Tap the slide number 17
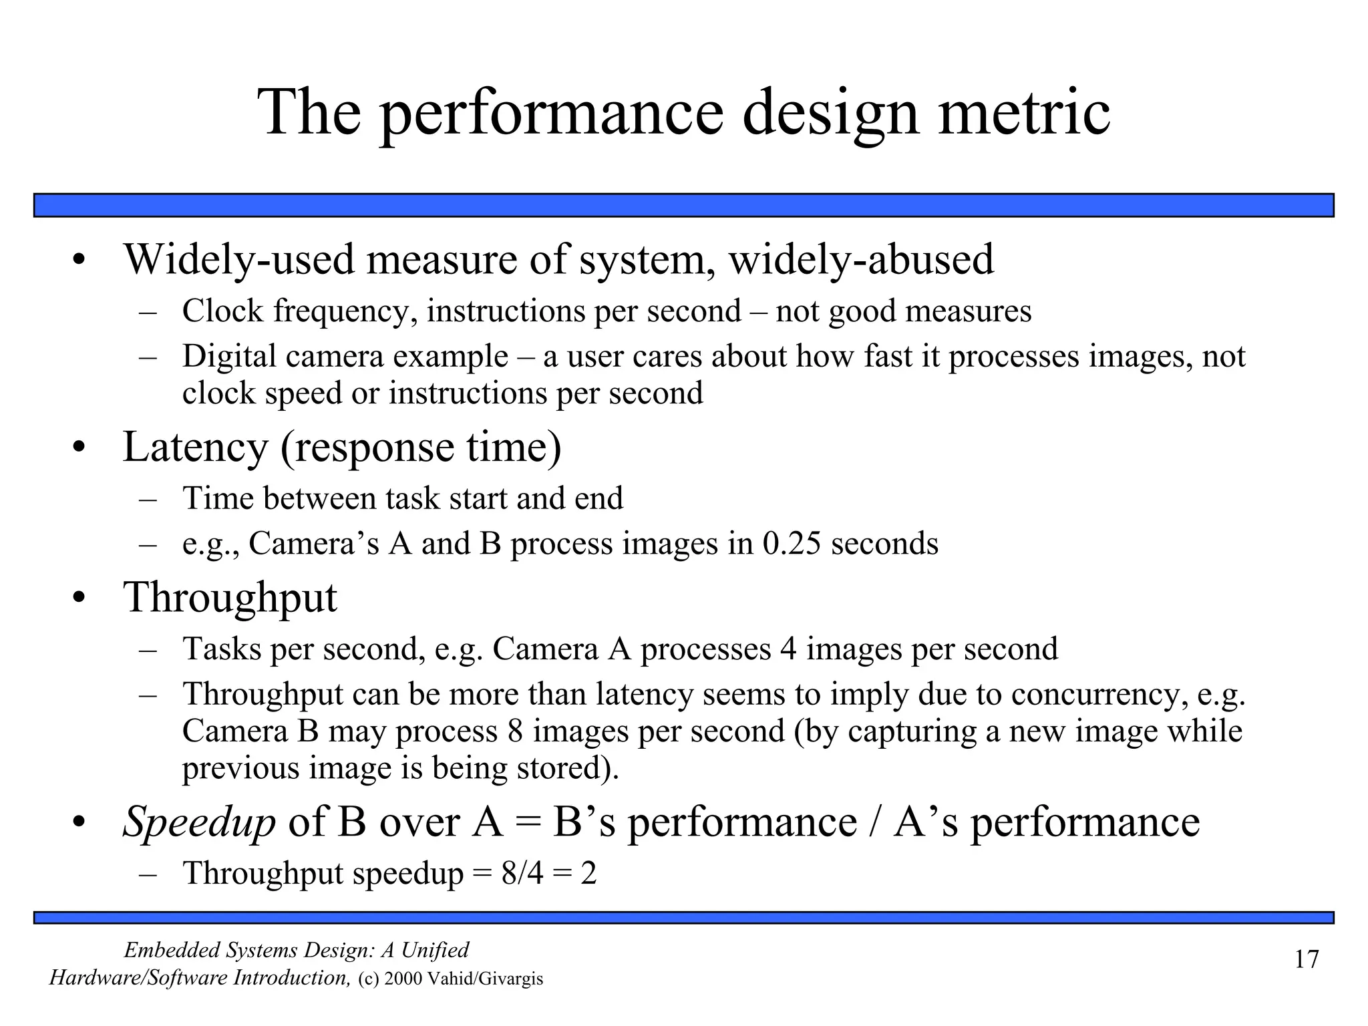1307,959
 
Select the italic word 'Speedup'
199,822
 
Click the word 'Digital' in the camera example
228,356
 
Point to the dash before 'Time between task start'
148,499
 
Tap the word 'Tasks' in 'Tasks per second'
222,649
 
